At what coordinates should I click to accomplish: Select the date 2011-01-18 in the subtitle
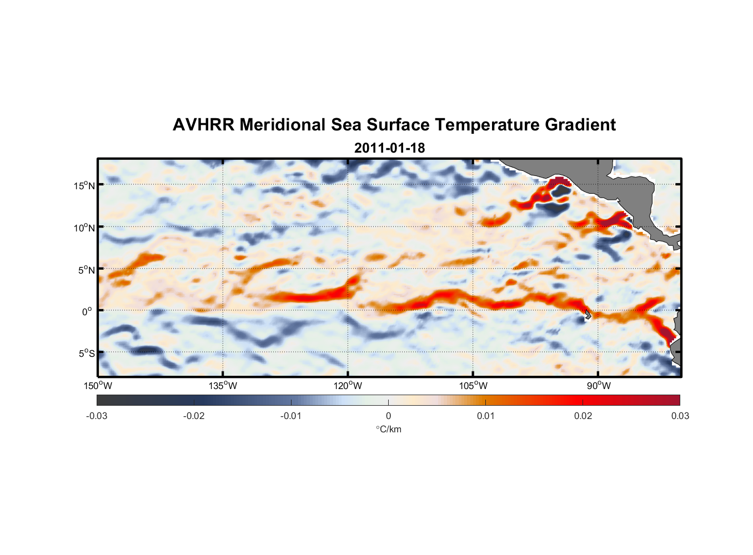(389, 148)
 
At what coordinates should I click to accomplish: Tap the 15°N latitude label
(84, 185)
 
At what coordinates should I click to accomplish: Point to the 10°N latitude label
(84, 228)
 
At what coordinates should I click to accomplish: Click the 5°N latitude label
(86, 270)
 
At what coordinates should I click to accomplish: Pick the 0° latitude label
(87, 311)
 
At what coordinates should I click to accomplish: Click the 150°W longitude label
(98, 386)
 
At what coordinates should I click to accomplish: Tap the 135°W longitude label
(223, 386)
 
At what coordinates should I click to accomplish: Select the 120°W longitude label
(348, 386)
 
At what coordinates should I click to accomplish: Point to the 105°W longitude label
(473, 386)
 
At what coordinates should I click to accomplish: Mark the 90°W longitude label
(599, 386)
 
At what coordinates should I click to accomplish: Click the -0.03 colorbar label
(97, 416)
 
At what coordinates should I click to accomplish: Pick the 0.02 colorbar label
(583, 416)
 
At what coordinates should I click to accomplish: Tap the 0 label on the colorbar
(388, 416)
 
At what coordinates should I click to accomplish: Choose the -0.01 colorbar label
(291, 416)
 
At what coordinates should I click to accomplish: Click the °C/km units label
(389, 429)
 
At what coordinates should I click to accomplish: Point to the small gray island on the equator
(588, 314)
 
